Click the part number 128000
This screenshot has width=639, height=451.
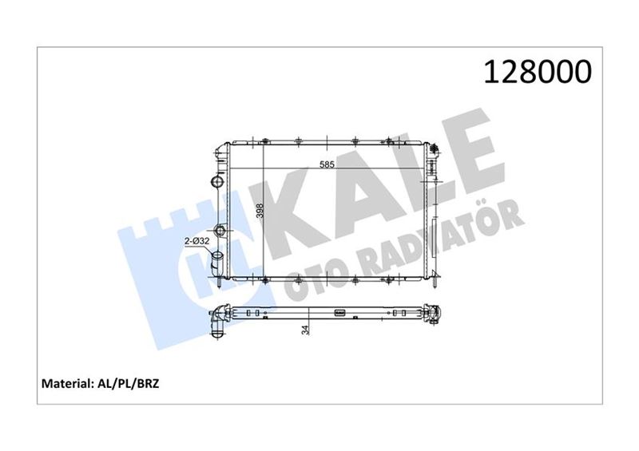tap(537, 72)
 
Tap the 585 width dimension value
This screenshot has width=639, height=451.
tap(327, 164)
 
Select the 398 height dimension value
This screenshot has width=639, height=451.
tap(260, 210)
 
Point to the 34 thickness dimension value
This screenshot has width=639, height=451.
tap(305, 330)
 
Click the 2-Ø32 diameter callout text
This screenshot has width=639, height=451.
tap(196, 241)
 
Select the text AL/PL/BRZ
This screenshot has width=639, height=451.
tap(127, 383)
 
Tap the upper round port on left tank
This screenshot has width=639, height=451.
tap(217, 181)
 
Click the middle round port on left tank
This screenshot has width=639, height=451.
tap(220, 231)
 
